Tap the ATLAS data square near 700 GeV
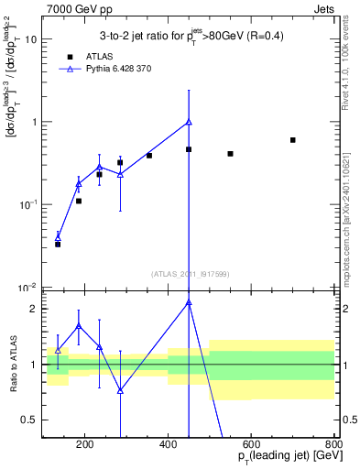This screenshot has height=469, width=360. (292, 140)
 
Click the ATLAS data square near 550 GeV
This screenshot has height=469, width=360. (230, 154)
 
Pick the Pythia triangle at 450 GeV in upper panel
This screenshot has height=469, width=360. (189, 122)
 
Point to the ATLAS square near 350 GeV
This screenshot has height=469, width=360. (149, 156)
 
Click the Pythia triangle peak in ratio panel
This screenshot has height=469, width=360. (189, 302)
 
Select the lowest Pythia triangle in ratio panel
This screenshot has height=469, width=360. (120, 390)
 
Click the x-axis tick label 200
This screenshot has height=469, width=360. (84, 446)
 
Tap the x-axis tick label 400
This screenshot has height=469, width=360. (168, 446)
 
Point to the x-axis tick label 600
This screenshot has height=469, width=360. (251, 446)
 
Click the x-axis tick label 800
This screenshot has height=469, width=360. (333, 446)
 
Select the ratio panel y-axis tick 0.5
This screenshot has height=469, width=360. (32, 420)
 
